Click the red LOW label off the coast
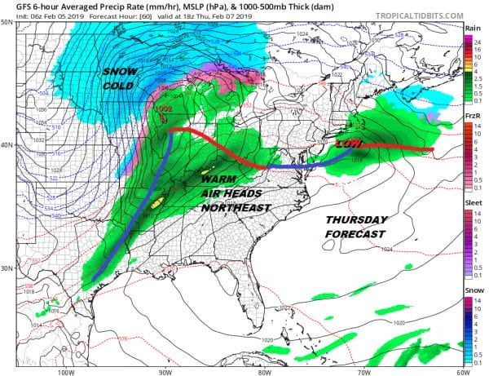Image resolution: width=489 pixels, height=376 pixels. (348, 144)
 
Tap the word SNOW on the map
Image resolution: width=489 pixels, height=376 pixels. (120, 73)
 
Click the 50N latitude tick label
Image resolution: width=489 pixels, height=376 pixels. (7, 21)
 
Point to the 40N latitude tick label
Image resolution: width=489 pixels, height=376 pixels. (7, 144)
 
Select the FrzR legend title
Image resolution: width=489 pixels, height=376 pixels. (471, 116)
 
